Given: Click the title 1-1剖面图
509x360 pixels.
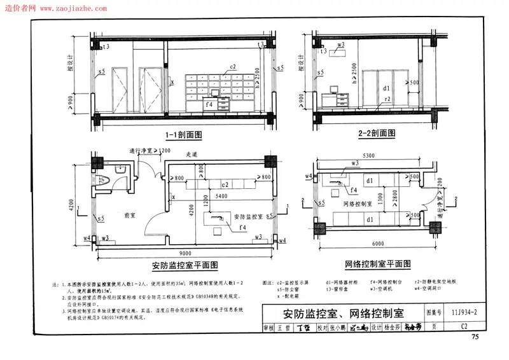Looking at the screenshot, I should [x=183, y=135].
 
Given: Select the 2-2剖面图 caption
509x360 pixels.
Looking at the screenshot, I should [x=376, y=134].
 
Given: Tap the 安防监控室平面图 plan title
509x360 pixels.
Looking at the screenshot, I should [x=185, y=265].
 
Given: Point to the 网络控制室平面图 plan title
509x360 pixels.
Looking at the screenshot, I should [x=378, y=263].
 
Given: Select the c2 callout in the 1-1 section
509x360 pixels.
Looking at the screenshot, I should [x=233, y=67].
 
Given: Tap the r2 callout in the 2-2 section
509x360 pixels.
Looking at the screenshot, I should [x=386, y=100].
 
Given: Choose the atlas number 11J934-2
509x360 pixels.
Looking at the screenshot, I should [x=467, y=312].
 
